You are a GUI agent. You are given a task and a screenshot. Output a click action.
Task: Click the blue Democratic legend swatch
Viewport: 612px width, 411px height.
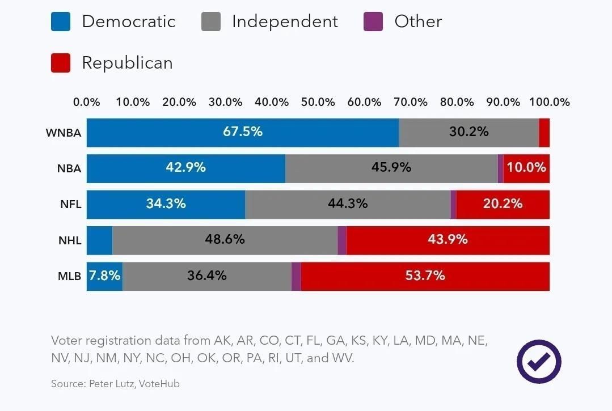click(x=61, y=22)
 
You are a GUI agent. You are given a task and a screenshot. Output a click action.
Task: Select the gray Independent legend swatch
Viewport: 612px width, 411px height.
click(x=211, y=22)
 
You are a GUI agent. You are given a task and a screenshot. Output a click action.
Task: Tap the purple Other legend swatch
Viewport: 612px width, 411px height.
click(x=373, y=22)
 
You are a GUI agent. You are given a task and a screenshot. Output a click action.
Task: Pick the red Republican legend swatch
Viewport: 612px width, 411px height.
click(x=61, y=63)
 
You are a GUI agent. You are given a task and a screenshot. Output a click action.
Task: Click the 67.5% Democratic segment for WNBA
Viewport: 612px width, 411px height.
click(x=242, y=132)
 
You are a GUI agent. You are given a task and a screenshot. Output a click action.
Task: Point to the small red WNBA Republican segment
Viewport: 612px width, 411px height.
click(x=545, y=133)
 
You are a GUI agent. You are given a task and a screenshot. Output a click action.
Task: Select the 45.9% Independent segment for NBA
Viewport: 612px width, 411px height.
click(x=391, y=168)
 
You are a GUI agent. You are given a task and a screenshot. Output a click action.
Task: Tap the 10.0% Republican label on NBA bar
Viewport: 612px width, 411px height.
click(x=527, y=168)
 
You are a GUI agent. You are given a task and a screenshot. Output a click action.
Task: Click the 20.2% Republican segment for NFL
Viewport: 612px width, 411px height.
click(x=503, y=204)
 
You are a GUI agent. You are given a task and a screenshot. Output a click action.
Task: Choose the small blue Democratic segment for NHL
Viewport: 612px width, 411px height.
click(x=100, y=240)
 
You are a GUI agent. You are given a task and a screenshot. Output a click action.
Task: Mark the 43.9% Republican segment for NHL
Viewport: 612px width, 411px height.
click(x=448, y=240)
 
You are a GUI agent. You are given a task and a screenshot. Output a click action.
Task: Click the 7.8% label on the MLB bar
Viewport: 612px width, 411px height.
click(x=105, y=276)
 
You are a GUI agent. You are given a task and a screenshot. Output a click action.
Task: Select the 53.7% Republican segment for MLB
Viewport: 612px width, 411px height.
click(x=425, y=276)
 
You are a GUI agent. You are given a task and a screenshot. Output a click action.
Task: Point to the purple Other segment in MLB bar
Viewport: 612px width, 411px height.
click(x=296, y=276)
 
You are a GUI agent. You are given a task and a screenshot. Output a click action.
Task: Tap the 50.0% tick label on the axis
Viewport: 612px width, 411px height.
click(x=318, y=103)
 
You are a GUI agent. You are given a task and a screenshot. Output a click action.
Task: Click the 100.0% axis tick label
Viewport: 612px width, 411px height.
click(x=550, y=103)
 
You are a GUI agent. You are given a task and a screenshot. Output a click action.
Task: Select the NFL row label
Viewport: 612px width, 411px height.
click(x=70, y=205)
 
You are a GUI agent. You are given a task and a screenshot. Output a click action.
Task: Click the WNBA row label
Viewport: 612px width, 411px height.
click(x=64, y=133)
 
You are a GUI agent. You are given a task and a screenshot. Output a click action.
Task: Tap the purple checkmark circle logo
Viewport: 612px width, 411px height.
click(x=539, y=362)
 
